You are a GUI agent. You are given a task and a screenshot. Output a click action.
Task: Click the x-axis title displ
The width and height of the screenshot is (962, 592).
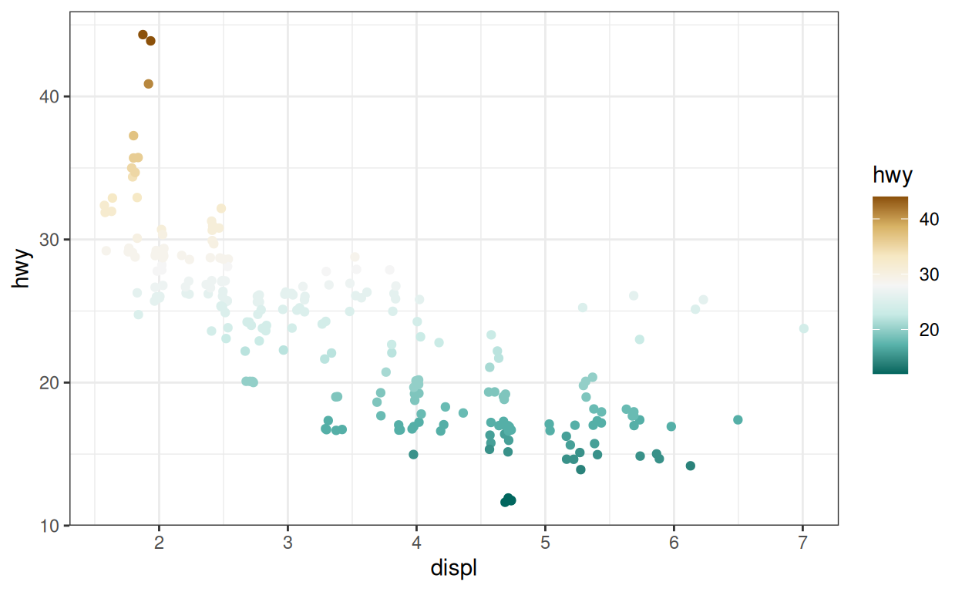(x=453, y=570)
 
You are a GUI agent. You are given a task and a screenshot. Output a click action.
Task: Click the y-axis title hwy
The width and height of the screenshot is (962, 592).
(x=22, y=268)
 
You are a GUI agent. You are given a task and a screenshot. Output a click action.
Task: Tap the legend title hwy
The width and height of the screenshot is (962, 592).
(x=893, y=176)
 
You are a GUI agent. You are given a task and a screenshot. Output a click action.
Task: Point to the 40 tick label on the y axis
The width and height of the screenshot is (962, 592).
(x=51, y=96)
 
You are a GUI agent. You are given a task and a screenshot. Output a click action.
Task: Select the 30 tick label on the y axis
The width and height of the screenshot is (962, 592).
(x=51, y=240)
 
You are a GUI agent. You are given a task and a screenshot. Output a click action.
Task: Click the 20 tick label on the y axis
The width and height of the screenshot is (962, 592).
(x=51, y=382)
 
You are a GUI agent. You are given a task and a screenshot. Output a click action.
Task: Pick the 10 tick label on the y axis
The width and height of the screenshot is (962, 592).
(x=51, y=526)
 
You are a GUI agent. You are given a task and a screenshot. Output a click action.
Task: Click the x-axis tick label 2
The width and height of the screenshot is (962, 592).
(x=160, y=543)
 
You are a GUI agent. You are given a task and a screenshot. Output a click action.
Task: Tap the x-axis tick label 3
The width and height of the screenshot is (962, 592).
(x=288, y=543)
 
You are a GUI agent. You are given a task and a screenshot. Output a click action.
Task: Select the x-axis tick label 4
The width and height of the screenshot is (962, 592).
(x=416, y=543)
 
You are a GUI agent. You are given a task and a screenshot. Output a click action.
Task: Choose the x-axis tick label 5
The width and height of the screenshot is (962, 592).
(x=545, y=543)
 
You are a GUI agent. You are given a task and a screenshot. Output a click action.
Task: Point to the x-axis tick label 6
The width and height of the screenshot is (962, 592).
(x=674, y=543)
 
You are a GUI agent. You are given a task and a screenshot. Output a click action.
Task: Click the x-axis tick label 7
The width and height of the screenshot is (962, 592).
(x=802, y=543)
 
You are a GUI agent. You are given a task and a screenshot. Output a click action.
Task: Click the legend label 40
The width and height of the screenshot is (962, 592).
(x=929, y=220)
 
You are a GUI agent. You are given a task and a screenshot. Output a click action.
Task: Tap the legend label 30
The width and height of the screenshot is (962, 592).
(x=929, y=275)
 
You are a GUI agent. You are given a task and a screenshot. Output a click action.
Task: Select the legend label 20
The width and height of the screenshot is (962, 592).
(x=929, y=330)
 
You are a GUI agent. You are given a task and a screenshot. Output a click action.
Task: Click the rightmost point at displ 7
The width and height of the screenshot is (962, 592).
(x=804, y=328)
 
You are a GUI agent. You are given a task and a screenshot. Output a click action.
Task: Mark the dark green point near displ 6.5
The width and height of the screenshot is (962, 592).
(x=738, y=419)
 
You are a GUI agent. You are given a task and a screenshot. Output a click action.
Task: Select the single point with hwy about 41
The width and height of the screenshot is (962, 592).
(x=149, y=84)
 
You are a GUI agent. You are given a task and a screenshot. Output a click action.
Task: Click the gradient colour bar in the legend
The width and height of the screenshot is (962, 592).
(x=890, y=285)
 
